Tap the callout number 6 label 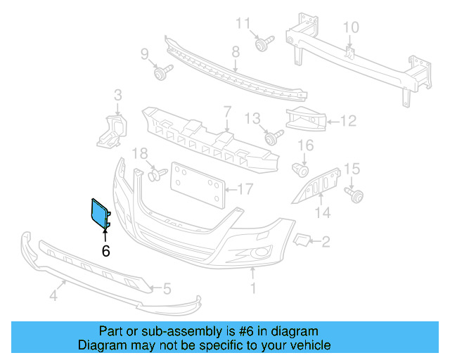(x=106, y=250)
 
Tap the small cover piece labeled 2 (x=300, y=241)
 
